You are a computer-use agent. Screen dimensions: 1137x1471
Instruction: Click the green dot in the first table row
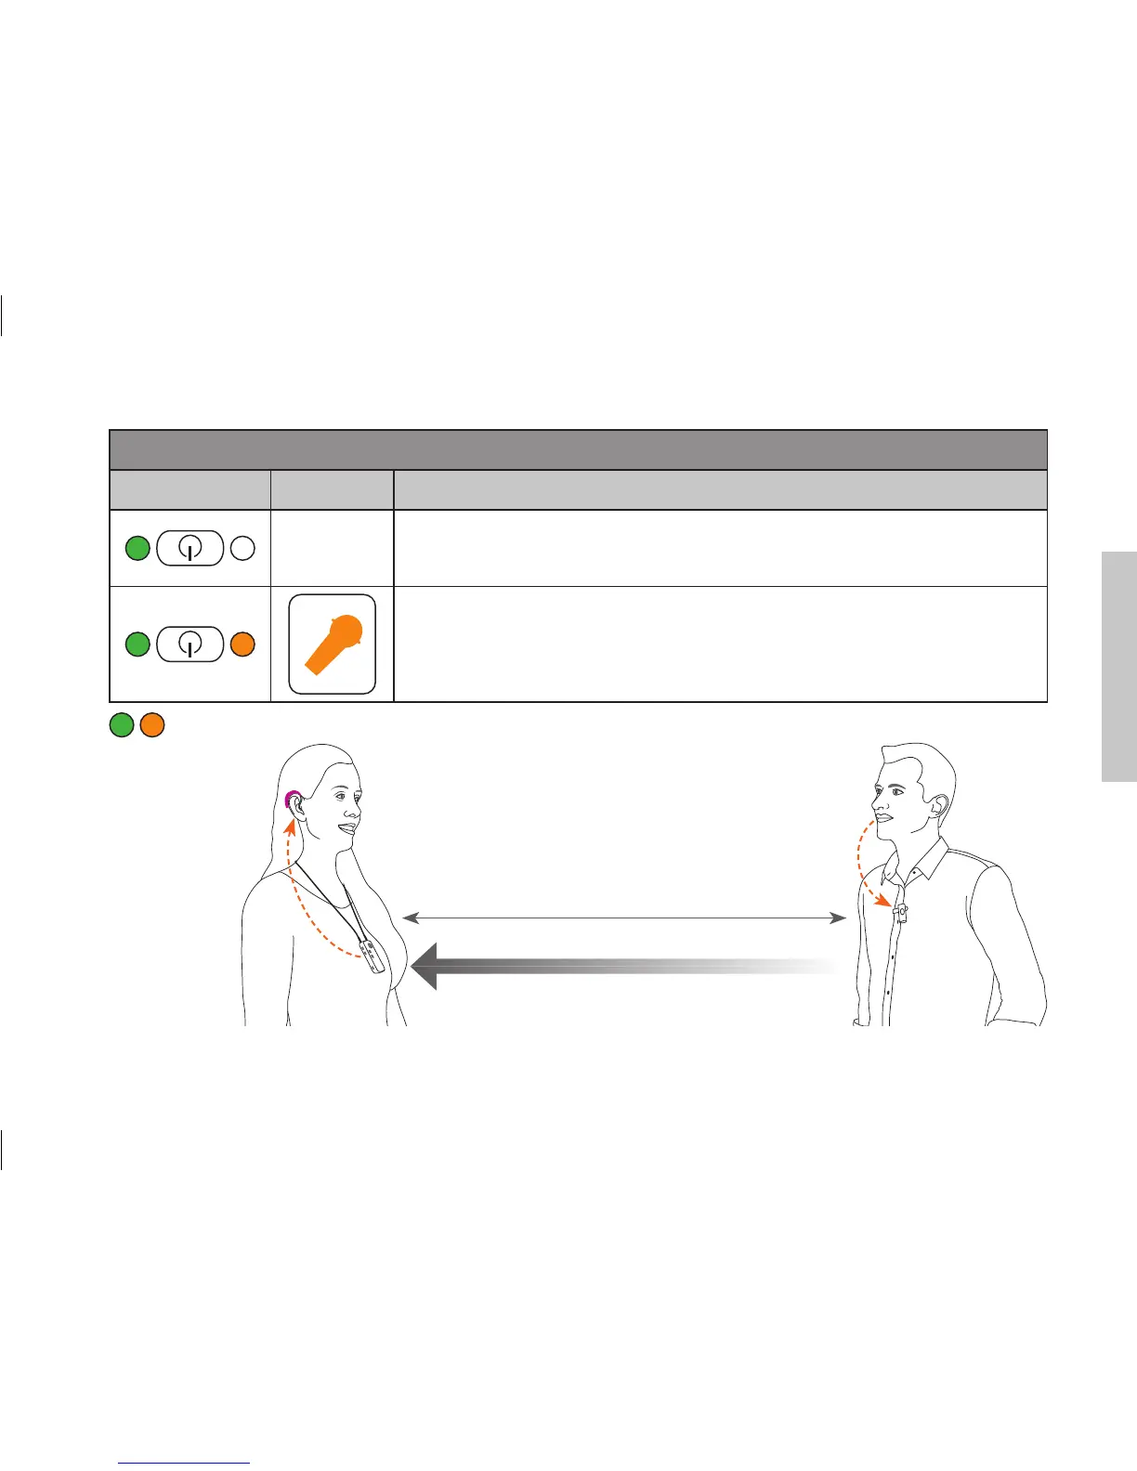(137, 549)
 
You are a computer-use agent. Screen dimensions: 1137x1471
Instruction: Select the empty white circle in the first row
(242, 549)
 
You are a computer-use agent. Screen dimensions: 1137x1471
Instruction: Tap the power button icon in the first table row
(190, 549)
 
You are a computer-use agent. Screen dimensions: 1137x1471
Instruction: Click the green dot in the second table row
(137, 644)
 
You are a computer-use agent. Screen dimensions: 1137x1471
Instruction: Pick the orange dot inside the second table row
(242, 644)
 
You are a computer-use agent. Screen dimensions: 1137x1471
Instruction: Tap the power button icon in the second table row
(190, 644)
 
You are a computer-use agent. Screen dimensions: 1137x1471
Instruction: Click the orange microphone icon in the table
(333, 644)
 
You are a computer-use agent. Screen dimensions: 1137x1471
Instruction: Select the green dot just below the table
(122, 724)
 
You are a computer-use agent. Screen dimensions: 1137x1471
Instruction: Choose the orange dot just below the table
(152, 724)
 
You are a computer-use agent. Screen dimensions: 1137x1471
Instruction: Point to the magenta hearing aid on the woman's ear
(292, 798)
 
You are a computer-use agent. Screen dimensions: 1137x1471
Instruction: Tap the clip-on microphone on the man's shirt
(899, 913)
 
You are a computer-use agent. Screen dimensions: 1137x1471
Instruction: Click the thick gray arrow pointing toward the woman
(622, 967)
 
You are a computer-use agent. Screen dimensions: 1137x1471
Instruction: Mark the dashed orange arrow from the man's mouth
(864, 864)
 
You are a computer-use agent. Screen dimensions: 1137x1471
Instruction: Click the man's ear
(941, 805)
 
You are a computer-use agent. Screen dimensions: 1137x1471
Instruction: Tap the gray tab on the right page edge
(1119, 667)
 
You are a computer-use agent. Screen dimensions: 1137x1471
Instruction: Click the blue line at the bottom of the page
(185, 1464)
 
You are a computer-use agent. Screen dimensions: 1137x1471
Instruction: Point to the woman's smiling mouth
(348, 827)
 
